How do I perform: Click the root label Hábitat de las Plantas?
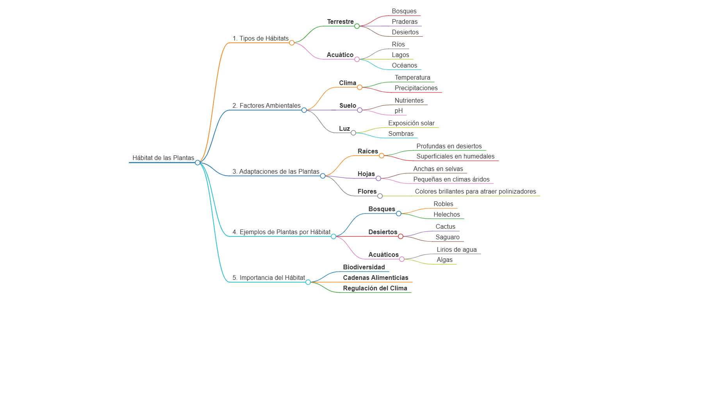(163, 158)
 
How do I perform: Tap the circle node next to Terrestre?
(357, 26)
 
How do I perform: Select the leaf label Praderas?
(405, 21)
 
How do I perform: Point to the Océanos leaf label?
(404, 65)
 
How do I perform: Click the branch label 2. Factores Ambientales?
(266, 105)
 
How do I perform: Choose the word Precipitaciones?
(416, 88)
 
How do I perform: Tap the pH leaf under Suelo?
(398, 110)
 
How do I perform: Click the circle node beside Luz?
(353, 133)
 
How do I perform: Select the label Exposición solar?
(411, 123)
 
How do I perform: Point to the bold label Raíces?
(368, 151)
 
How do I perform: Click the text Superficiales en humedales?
(455, 156)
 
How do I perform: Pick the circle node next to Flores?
(380, 196)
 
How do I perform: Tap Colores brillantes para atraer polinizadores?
(475, 191)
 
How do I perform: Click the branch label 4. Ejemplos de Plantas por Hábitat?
(281, 232)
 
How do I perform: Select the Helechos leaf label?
(447, 214)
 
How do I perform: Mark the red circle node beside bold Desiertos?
(401, 236)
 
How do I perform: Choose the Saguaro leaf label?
(448, 237)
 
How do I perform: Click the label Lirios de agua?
(457, 249)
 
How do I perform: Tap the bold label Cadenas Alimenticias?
(376, 278)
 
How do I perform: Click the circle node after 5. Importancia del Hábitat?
(308, 282)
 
